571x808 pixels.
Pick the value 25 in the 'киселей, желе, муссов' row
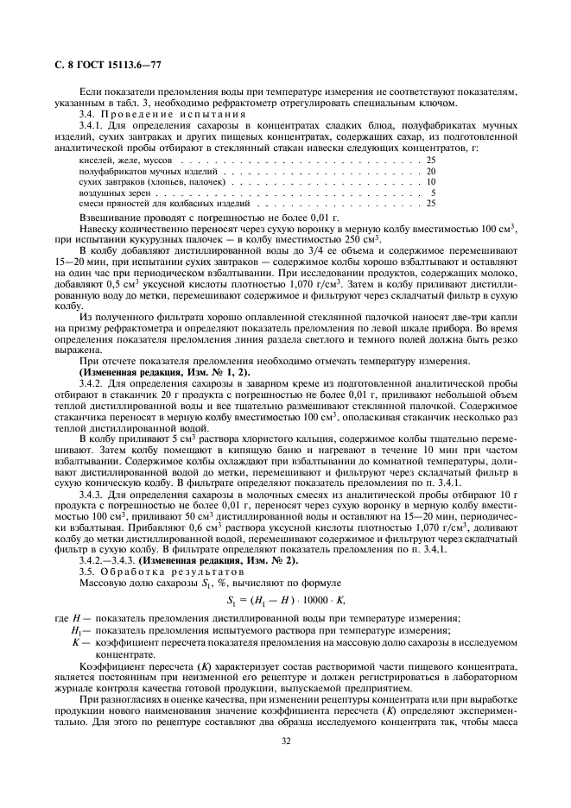[x=430, y=161]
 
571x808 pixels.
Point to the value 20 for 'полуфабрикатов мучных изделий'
[x=430, y=171]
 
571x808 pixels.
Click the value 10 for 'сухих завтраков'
[x=430, y=181]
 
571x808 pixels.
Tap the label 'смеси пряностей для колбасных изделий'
[x=138, y=203]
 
